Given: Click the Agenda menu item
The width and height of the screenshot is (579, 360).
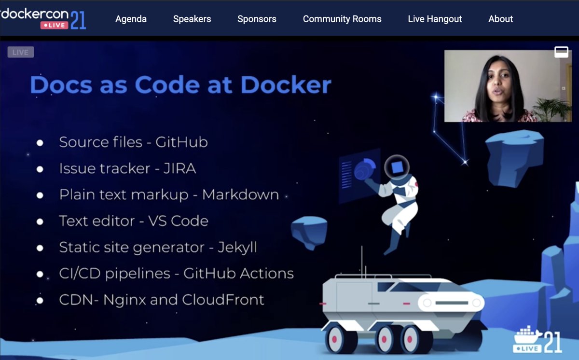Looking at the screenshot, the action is [131, 19].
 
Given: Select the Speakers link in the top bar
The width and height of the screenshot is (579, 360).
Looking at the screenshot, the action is [192, 19].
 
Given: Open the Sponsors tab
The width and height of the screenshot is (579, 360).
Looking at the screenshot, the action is [257, 19].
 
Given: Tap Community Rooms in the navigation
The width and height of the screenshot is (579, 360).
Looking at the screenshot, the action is [342, 19].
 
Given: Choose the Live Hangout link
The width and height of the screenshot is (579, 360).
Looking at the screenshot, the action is [435, 19].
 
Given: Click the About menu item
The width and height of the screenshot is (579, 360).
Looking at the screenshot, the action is [500, 19].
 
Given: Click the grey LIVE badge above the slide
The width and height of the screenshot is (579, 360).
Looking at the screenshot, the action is [20, 52].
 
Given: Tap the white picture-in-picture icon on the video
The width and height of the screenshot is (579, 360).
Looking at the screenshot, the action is [561, 52].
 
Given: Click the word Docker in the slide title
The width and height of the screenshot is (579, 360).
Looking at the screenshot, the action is [286, 85].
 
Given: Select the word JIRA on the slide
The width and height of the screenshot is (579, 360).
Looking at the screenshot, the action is [179, 168].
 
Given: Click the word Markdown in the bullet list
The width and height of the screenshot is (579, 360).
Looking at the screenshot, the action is [240, 194].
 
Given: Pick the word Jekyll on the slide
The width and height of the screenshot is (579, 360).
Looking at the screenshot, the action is [237, 247].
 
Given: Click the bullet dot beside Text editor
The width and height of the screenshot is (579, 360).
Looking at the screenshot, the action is [40, 222].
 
